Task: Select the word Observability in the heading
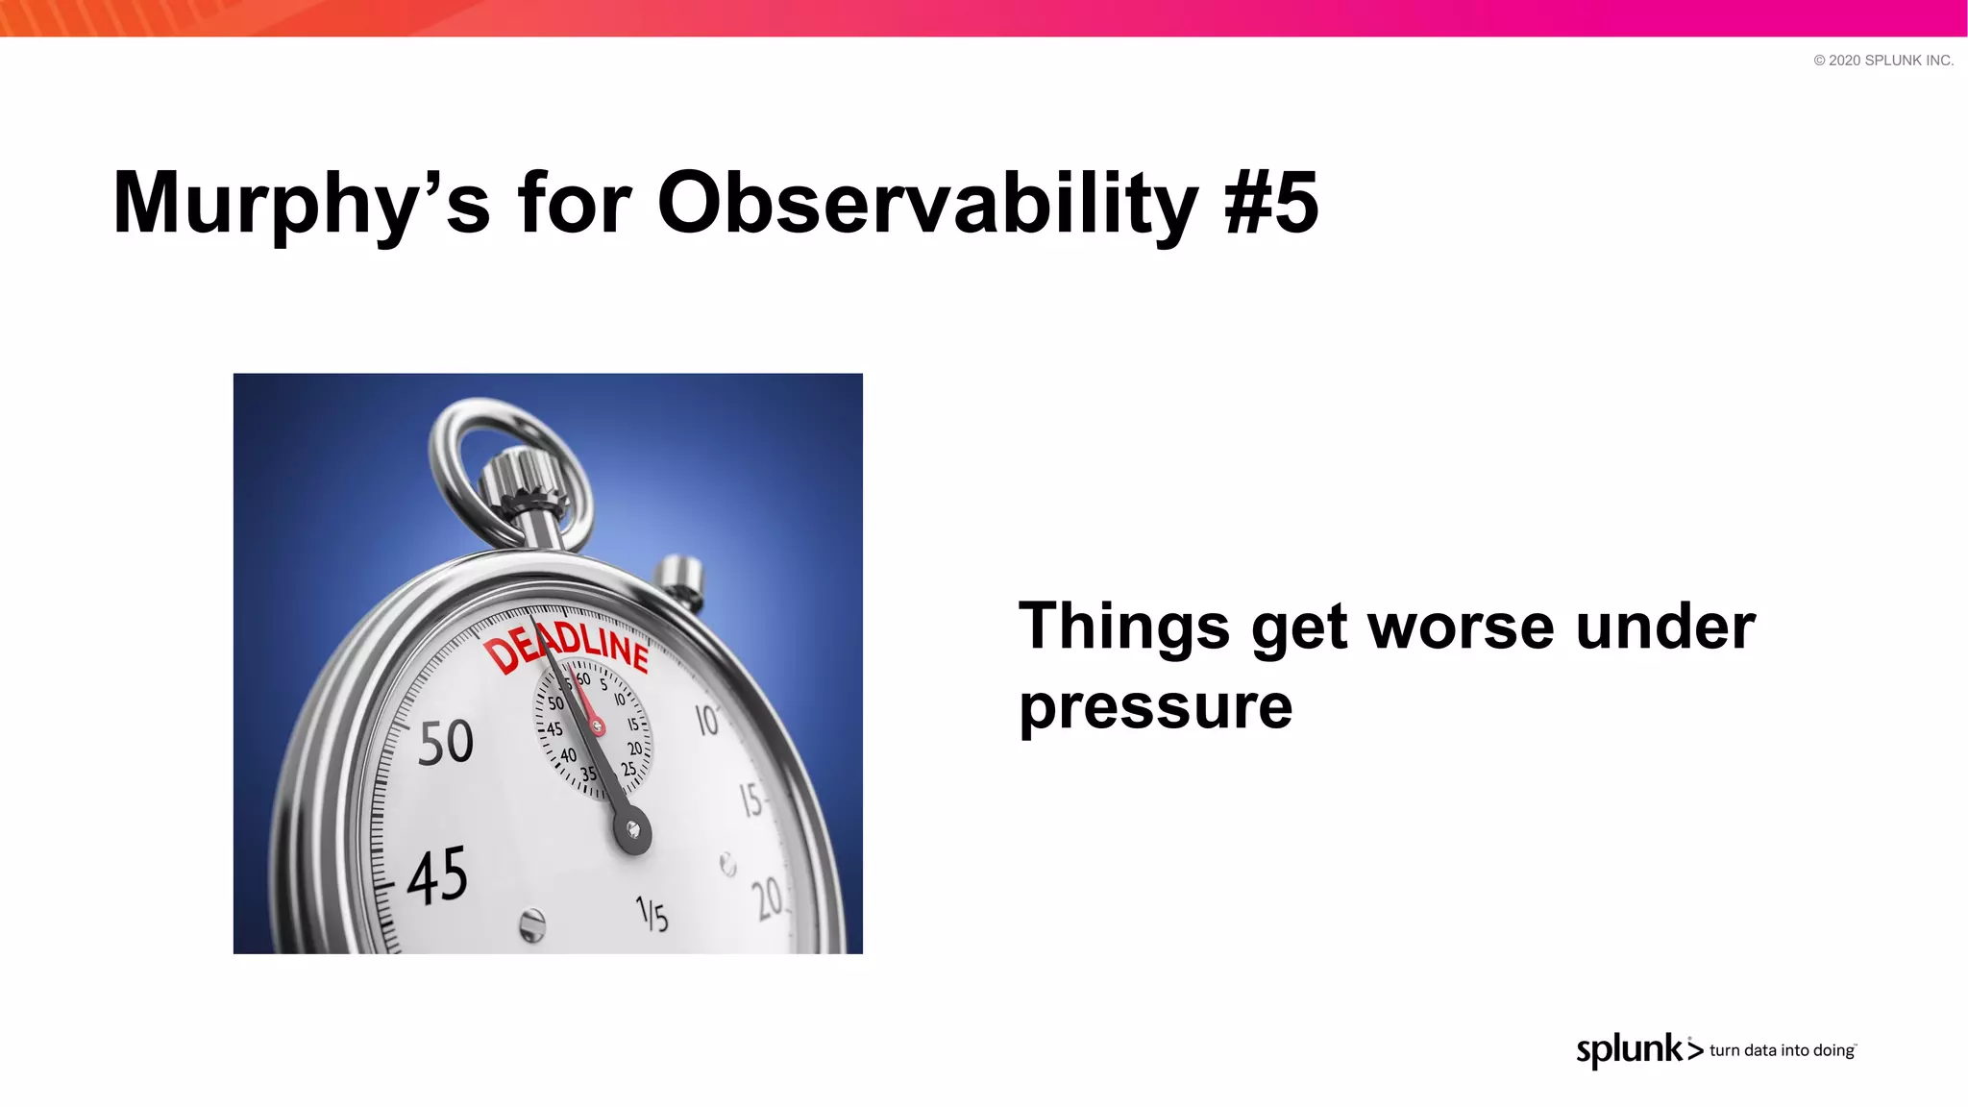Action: coord(926,204)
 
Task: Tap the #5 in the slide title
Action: coord(1270,204)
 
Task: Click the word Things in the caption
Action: coord(1123,627)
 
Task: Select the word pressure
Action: coord(1155,707)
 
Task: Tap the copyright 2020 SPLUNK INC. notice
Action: coord(1882,61)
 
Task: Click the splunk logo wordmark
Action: coord(1630,1049)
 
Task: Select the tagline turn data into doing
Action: coord(1782,1050)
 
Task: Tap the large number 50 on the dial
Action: coord(446,742)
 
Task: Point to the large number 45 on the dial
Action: coord(437,875)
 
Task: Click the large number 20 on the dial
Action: coord(768,899)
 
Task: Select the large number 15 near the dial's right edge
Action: coord(750,799)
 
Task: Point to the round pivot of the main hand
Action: coord(632,830)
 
